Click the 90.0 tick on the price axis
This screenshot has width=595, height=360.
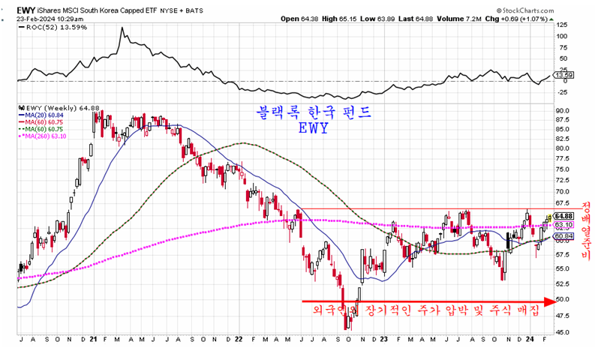click(564, 111)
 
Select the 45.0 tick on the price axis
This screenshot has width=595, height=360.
click(564, 332)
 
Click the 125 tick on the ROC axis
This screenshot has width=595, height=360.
click(561, 24)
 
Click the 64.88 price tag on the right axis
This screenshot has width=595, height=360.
click(565, 216)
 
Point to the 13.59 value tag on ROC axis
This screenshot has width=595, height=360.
click(563, 75)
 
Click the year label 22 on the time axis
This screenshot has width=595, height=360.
click(239, 339)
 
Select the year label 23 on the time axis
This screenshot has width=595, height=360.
click(383, 339)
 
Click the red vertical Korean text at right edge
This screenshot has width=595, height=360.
click(586, 232)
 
